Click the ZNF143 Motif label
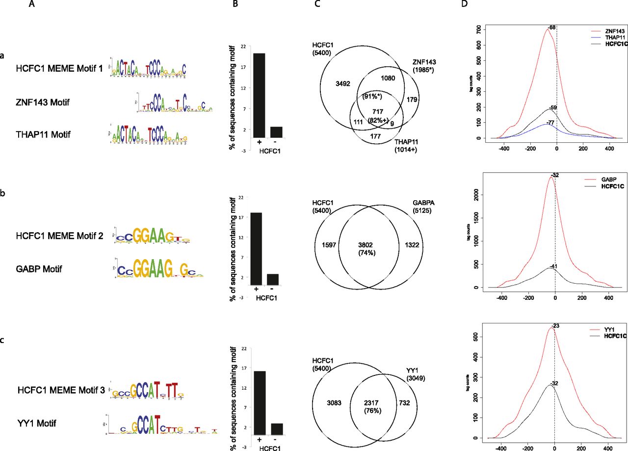pos(43,103)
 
